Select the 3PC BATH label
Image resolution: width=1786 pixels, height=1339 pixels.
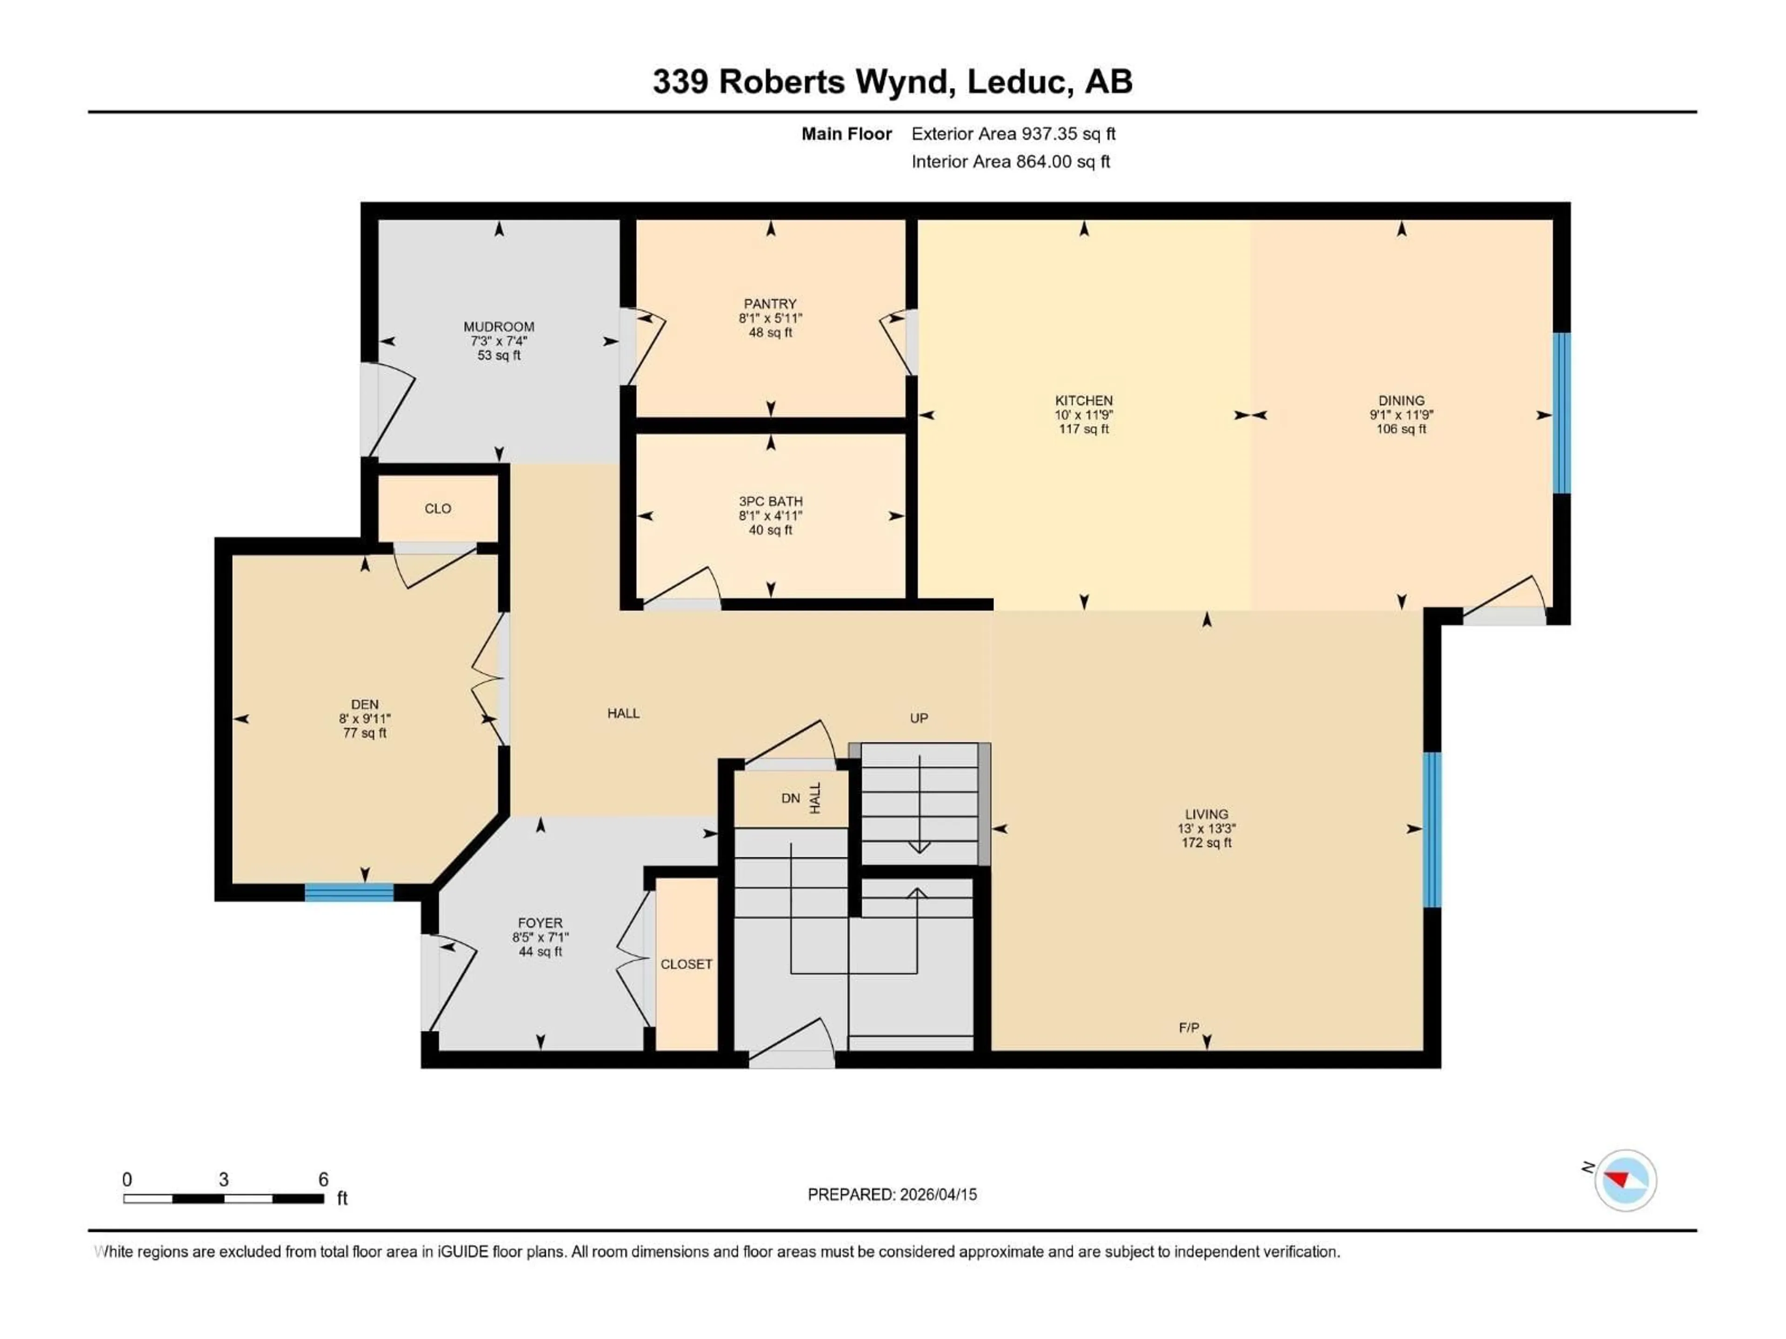pyautogui.click(x=770, y=501)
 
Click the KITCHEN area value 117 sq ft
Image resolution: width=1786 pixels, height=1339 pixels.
pyautogui.click(x=1084, y=429)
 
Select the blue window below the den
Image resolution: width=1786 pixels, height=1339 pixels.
pyautogui.click(x=349, y=892)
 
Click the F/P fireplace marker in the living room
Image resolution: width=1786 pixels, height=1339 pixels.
pyautogui.click(x=1188, y=1027)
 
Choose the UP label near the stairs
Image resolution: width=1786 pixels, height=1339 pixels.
pyautogui.click(x=919, y=717)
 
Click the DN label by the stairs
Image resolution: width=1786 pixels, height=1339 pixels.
pyautogui.click(x=791, y=798)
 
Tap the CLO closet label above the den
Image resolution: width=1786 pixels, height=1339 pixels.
pyautogui.click(x=438, y=509)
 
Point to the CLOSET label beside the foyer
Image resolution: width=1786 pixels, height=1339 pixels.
pyautogui.click(x=686, y=964)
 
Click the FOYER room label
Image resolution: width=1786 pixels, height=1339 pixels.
pyautogui.click(x=540, y=922)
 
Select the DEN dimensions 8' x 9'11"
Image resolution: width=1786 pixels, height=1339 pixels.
pyautogui.click(x=365, y=718)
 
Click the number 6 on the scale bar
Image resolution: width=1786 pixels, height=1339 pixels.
pyautogui.click(x=323, y=1179)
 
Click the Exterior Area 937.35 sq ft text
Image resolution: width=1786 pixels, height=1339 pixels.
pyautogui.click(x=1013, y=134)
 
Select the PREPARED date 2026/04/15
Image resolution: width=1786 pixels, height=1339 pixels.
pyautogui.click(x=937, y=1194)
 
